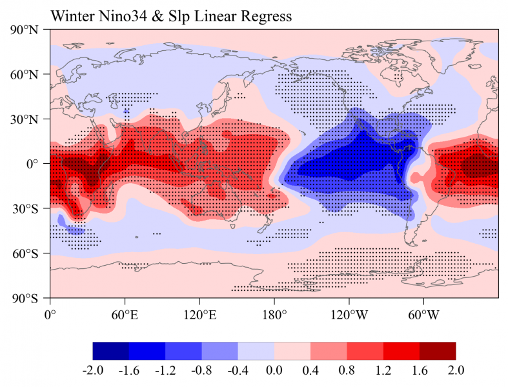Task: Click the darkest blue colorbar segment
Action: [x=111, y=350]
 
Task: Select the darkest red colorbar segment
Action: [x=438, y=350]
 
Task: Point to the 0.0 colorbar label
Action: [x=274, y=371]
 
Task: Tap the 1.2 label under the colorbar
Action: [x=383, y=371]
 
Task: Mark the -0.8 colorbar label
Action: [x=202, y=371]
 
